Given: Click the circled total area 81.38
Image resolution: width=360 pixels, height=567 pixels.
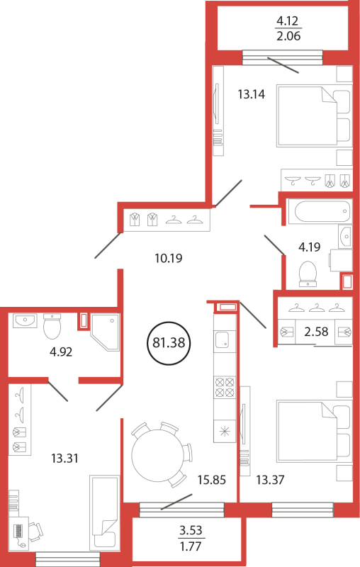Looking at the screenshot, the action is point(169,343).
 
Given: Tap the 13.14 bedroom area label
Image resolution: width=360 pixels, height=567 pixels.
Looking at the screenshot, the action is point(251,94).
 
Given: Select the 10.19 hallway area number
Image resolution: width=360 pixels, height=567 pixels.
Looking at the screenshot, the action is point(169,258).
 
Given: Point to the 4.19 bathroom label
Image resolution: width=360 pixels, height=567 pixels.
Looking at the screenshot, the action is point(310,247).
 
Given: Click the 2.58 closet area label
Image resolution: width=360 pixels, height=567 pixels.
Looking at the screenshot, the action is point(316,331).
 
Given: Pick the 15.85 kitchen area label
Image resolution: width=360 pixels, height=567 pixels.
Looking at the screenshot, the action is point(212,480).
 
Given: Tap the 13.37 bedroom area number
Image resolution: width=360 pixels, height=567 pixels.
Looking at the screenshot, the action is point(271,480).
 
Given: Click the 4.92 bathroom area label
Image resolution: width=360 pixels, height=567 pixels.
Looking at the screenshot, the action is point(61,352).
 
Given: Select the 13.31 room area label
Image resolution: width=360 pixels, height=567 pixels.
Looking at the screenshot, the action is point(64,458).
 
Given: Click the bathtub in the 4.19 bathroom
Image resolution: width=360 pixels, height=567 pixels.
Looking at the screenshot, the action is point(322,211).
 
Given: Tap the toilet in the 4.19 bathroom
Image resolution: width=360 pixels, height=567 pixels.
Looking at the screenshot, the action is point(308,274).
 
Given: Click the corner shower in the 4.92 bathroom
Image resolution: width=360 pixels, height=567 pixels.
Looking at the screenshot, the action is point(105,332).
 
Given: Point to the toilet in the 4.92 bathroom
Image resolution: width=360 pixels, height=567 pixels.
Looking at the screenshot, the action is point(52,325).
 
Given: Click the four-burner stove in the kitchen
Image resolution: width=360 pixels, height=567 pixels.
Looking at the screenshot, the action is point(225,387).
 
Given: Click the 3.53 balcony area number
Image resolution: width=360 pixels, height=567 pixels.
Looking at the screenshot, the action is point(191,530).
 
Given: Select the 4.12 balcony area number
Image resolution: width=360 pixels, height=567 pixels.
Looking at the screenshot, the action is point(288,21).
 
